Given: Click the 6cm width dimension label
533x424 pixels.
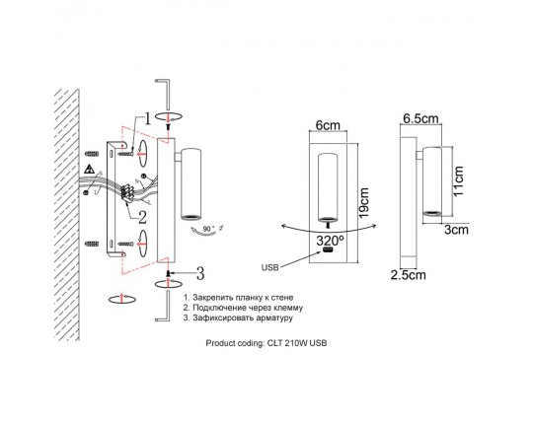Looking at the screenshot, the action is (328, 125).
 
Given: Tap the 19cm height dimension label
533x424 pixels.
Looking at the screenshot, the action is (363, 203).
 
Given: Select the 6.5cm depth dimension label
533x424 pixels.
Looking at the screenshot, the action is (420, 118).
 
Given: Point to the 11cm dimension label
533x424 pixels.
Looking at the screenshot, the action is (458, 180).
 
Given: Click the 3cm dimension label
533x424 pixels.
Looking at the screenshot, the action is (457, 230).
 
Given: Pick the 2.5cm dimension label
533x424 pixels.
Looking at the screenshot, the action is (408, 275).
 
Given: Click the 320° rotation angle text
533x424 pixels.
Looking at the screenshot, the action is (330, 241).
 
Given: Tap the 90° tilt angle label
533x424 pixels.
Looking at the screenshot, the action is (208, 229).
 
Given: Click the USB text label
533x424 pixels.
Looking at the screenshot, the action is (269, 267).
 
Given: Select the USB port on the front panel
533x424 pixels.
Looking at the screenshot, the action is (328, 250).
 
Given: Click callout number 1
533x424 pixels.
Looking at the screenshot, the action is (147, 118).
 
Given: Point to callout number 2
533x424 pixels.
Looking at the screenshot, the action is (142, 217).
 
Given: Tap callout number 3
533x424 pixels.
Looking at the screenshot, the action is (200, 273).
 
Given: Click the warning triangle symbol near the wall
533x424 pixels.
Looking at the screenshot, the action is (90, 169).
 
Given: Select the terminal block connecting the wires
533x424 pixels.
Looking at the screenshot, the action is (126, 194).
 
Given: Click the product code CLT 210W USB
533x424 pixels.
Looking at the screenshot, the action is (297, 343).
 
